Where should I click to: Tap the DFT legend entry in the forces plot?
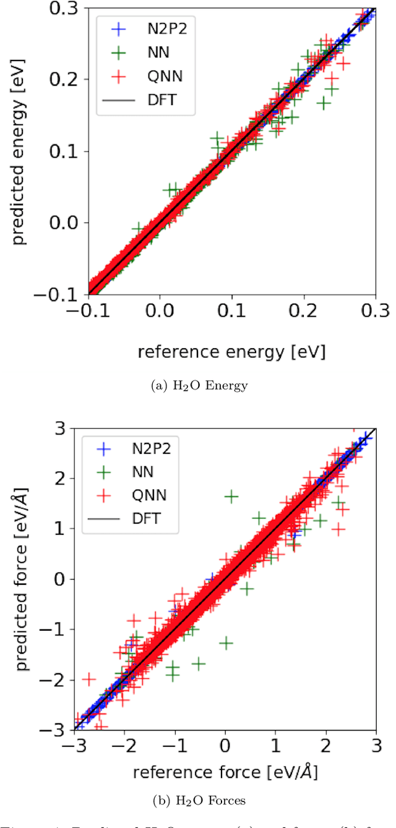(x=145, y=519)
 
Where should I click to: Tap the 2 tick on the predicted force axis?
(x=68, y=478)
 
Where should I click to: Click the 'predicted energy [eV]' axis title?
(x=21, y=151)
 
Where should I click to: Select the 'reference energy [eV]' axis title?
(x=231, y=352)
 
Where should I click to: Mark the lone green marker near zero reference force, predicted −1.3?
(x=226, y=642)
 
